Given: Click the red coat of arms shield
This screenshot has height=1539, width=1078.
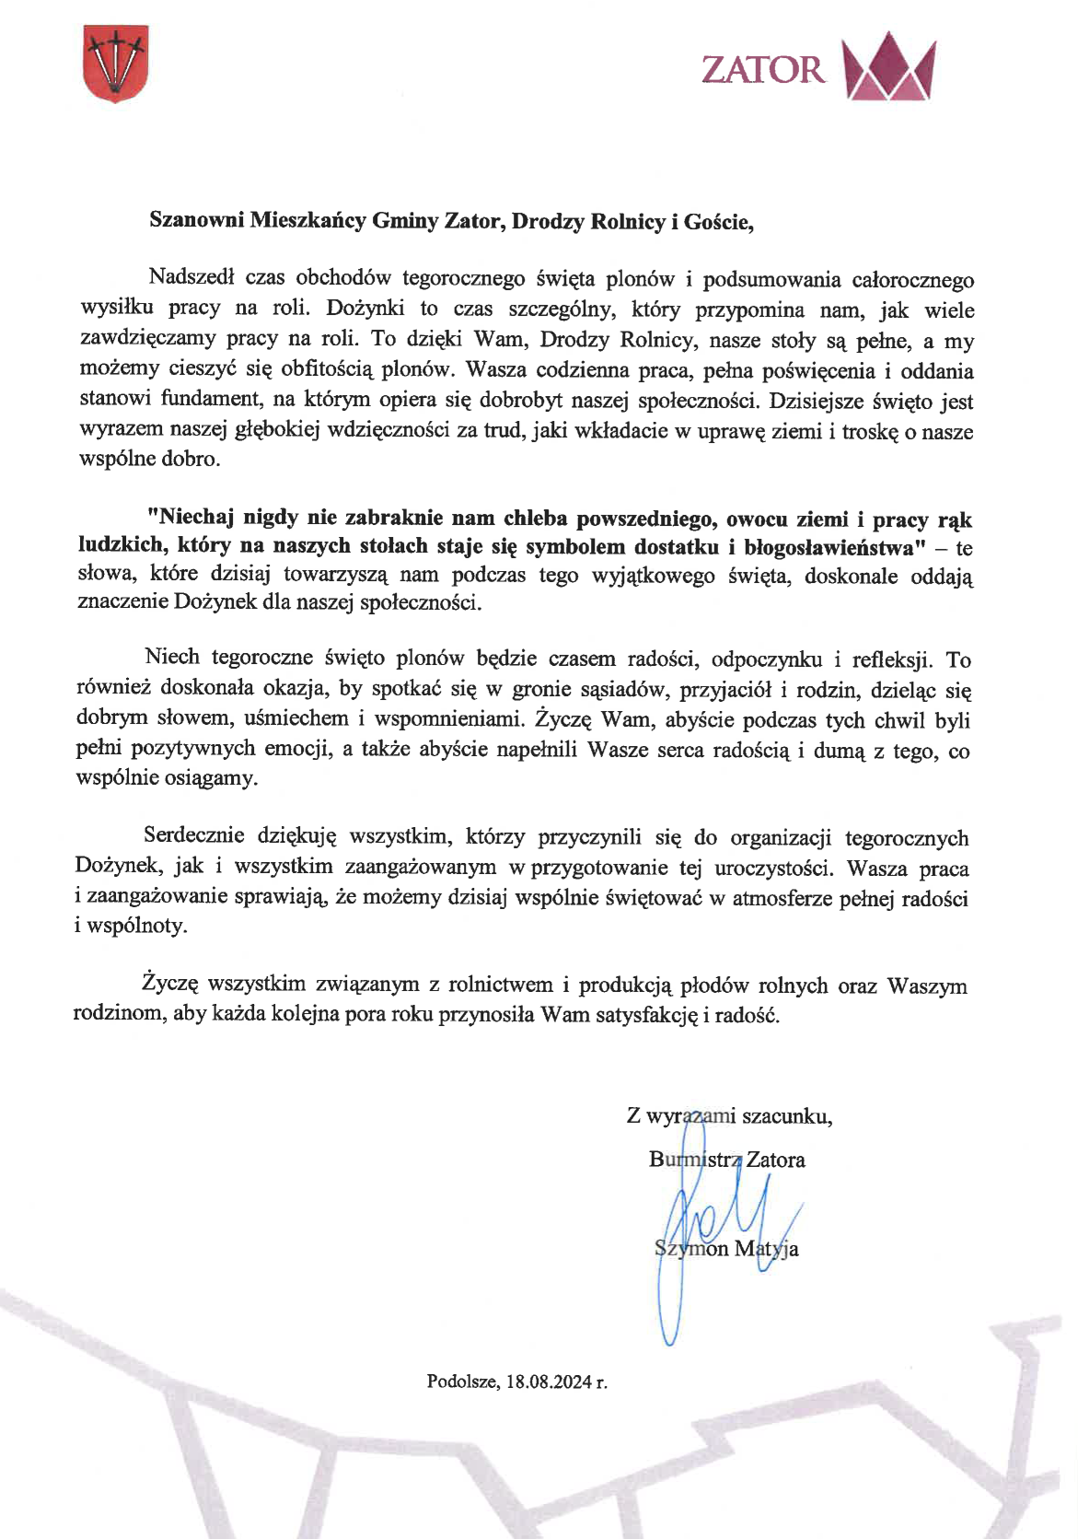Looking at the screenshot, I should pos(115,64).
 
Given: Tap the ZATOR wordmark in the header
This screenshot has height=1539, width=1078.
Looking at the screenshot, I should pos(762,70).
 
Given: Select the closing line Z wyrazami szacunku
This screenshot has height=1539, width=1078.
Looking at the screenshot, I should pos(729,1116).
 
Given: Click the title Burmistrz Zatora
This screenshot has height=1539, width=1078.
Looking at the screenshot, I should pos(726,1160).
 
